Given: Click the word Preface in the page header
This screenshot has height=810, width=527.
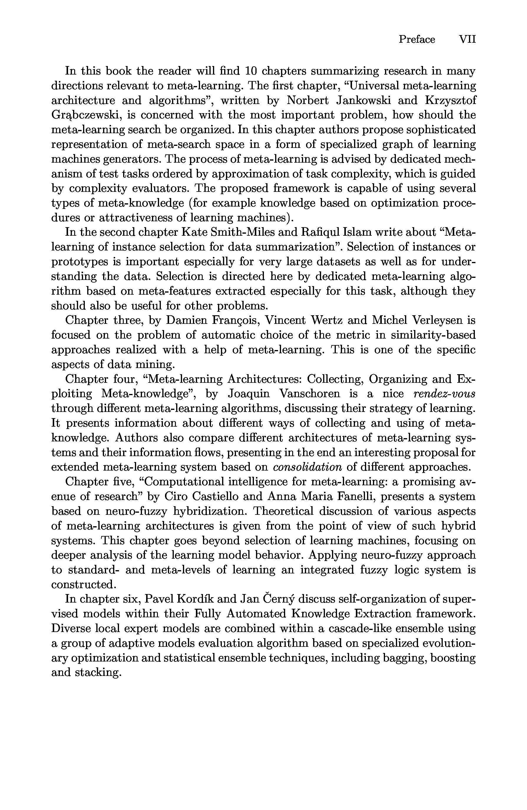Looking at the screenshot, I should pyautogui.click(x=417, y=39).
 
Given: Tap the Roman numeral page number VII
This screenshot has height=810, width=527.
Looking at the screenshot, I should pyautogui.click(x=467, y=39).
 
